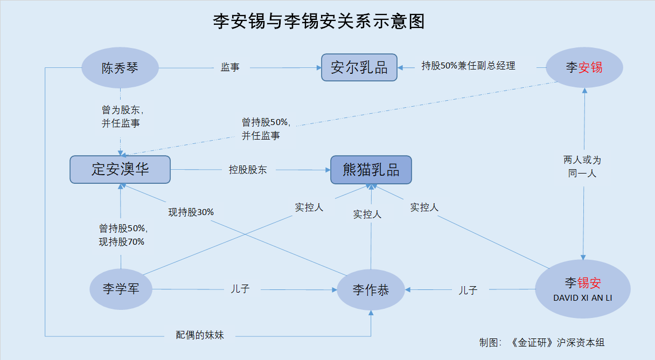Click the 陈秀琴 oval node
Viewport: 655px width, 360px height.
point(120,68)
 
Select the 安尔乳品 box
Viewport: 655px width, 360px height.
point(359,68)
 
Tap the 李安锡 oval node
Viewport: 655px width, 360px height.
point(584,68)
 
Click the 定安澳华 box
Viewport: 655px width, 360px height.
point(120,169)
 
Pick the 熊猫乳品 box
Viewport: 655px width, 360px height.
point(371,170)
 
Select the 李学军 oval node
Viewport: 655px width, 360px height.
point(121,289)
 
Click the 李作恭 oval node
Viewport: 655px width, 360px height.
point(371,290)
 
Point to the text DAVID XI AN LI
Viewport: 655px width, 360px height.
point(583,297)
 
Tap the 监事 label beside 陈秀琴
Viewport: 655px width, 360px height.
point(230,67)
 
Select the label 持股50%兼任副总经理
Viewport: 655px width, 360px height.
point(468,66)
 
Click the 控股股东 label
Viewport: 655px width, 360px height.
point(247,170)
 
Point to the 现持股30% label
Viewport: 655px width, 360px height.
point(191,212)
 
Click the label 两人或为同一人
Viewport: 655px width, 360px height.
point(582,167)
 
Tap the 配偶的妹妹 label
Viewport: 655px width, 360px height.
point(200,335)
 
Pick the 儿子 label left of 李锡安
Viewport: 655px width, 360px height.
point(468,290)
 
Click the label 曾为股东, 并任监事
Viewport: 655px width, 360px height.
point(121,116)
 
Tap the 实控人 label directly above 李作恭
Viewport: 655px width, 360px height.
point(367,214)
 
